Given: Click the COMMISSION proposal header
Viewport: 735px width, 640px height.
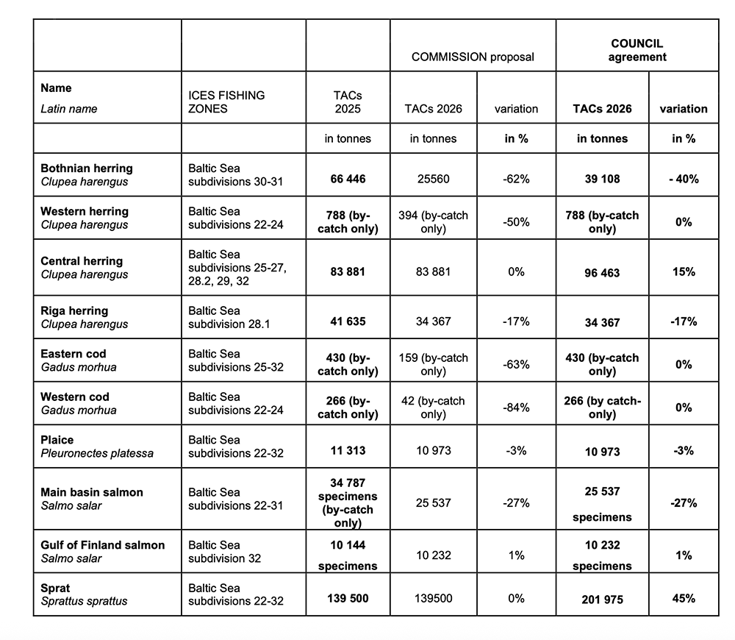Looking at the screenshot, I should point(472,57).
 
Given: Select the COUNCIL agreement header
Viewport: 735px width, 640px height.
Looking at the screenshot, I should point(637,50).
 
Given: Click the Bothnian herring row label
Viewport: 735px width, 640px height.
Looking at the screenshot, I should point(87,168).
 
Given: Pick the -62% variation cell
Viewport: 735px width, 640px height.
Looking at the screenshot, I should point(516,179).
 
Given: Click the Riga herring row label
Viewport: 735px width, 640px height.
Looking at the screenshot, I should point(74,310).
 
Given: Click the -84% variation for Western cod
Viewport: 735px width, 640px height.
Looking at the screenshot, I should point(516,407).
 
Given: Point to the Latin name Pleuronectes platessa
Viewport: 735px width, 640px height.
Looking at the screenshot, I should point(97,453).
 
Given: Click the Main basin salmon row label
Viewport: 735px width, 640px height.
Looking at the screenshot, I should point(92,492).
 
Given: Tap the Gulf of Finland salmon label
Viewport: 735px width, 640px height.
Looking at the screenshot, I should point(103,545).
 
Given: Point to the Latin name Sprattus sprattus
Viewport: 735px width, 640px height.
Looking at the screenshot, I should point(84,601).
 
